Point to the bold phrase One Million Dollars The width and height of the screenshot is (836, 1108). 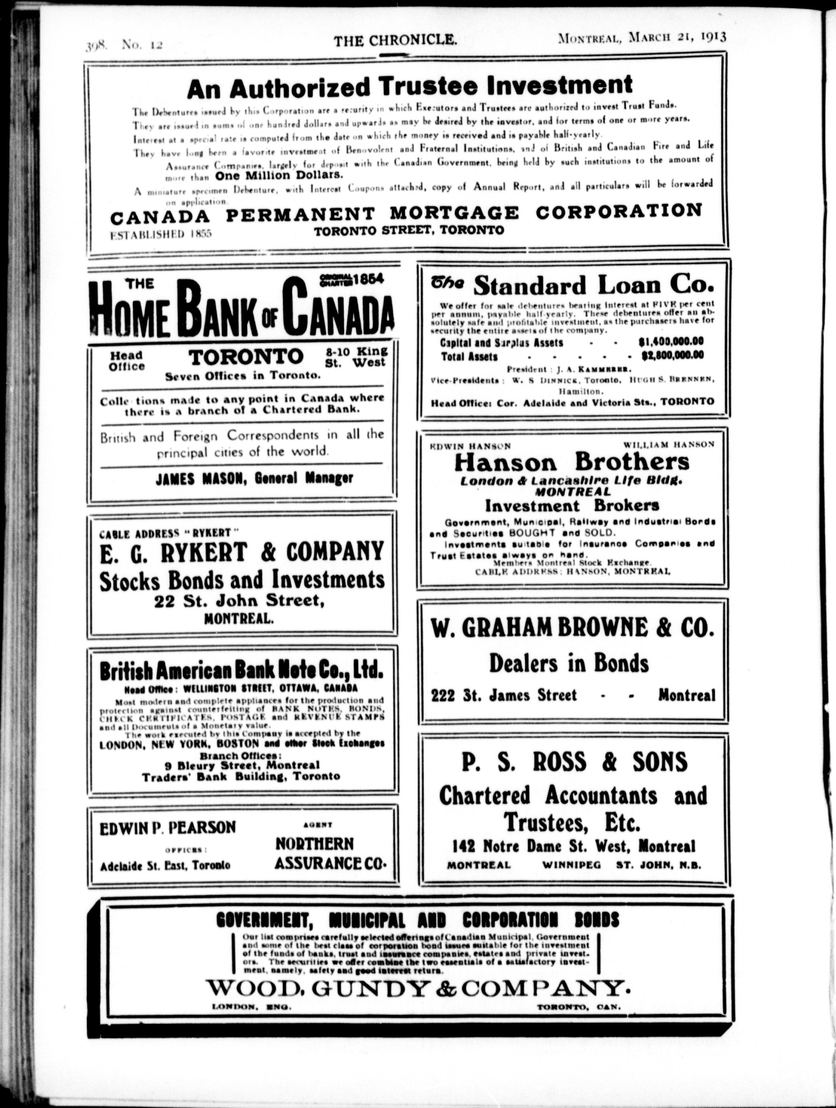click(279, 175)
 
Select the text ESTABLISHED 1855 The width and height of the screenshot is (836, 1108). click(160, 233)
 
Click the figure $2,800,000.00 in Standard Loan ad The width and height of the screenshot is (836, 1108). click(672, 356)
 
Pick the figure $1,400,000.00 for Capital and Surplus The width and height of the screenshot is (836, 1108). click(671, 342)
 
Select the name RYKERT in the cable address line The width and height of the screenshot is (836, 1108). click(215, 533)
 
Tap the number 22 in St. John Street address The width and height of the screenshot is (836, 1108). click(164, 601)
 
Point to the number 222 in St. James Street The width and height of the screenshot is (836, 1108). click(443, 695)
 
